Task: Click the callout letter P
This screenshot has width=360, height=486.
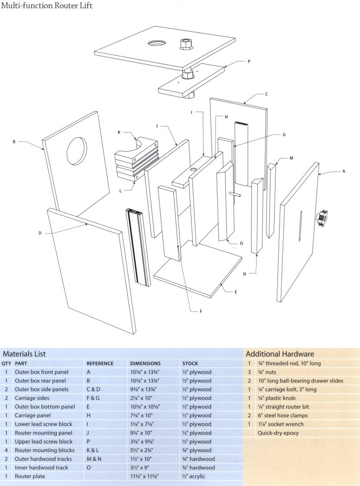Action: click(x=249, y=62)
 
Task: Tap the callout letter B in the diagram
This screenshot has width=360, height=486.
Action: click(x=14, y=141)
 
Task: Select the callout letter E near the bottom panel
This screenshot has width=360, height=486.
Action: click(x=235, y=292)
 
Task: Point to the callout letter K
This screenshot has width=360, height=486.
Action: click(x=119, y=133)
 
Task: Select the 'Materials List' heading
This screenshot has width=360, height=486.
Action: click(x=24, y=354)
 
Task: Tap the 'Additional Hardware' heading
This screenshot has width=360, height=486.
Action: click(x=280, y=354)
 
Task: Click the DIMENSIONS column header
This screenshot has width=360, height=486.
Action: click(x=145, y=363)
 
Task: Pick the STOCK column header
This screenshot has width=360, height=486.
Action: click(x=190, y=363)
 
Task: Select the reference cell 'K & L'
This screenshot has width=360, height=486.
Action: click(x=94, y=450)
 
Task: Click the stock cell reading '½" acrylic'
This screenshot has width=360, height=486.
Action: click(x=193, y=476)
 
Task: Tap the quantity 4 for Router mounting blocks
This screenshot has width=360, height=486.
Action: click(x=6, y=450)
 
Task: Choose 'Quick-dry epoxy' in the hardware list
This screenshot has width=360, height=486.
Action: click(x=278, y=433)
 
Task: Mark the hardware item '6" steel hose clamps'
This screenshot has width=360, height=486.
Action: click(x=283, y=415)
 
